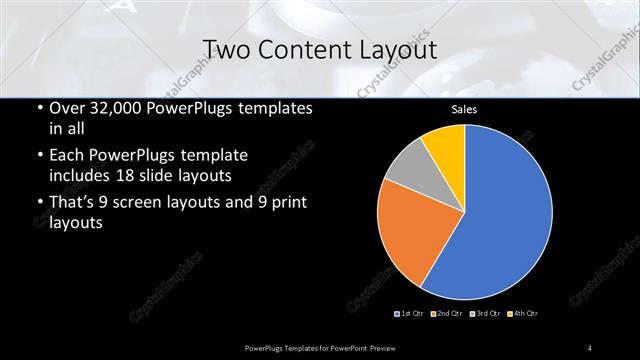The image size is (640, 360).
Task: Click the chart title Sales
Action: point(465,110)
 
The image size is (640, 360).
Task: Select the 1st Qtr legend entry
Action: point(410,314)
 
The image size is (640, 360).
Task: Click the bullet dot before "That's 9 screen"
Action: point(38,205)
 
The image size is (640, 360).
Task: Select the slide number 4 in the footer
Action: point(590,347)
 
